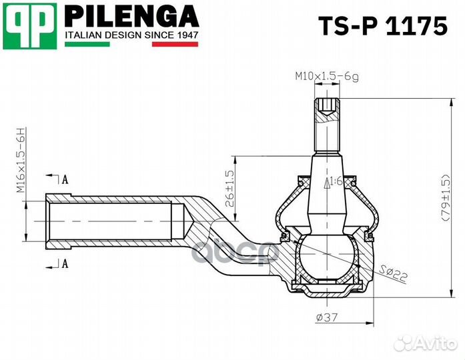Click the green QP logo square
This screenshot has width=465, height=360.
point(29,25)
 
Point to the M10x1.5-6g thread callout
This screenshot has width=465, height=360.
point(327,77)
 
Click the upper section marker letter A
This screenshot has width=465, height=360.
point(65,179)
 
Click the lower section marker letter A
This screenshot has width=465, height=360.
point(65,263)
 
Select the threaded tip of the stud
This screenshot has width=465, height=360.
point(327,106)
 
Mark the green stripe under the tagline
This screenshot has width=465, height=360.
point(87,44)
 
